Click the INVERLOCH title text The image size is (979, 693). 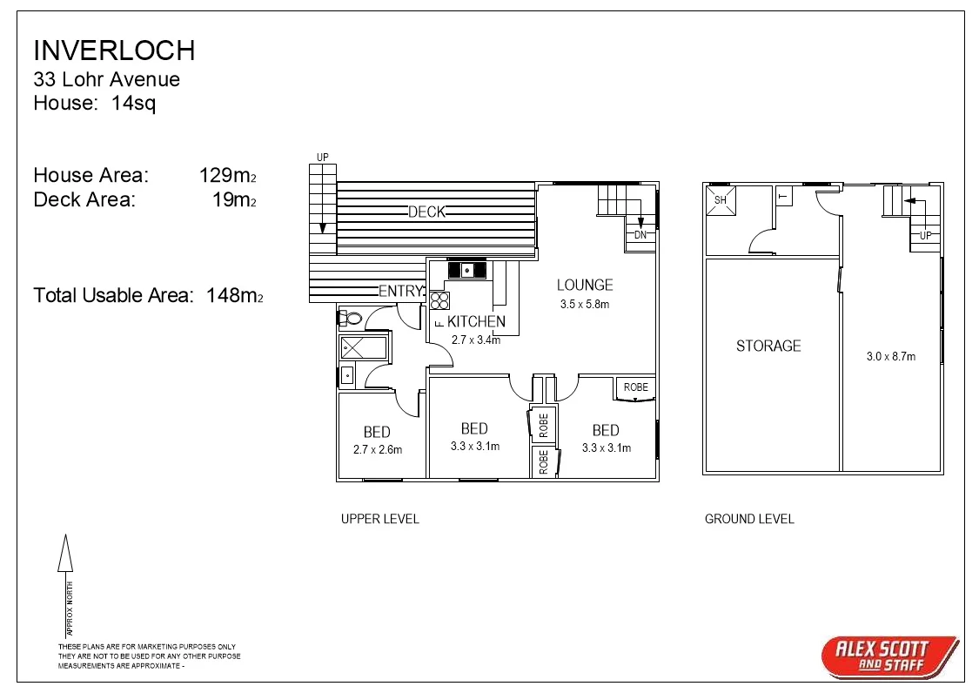click(x=114, y=50)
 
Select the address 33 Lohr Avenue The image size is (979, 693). click(x=106, y=79)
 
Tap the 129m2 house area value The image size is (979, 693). click(x=227, y=175)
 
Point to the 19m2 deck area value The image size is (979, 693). click(x=234, y=199)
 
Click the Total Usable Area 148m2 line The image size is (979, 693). click(x=148, y=295)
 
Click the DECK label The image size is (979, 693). click(x=426, y=212)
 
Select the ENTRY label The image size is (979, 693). click(x=400, y=291)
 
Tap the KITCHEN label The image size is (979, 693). click(x=476, y=321)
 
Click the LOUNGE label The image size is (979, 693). click(x=585, y=285)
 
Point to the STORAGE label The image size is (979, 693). click(x=768, y=346)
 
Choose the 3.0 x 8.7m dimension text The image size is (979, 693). click(x=892, y=356)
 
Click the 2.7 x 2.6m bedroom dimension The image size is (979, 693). click(x=378, y=450)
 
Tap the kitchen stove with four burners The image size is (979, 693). click(x=439, y=300)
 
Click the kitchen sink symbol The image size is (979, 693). click(x=467, y=271)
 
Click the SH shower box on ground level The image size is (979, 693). click(x=721, y=200)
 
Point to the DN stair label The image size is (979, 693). click(x=640, y=235)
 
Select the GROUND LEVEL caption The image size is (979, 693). click(x=749, y=519)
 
